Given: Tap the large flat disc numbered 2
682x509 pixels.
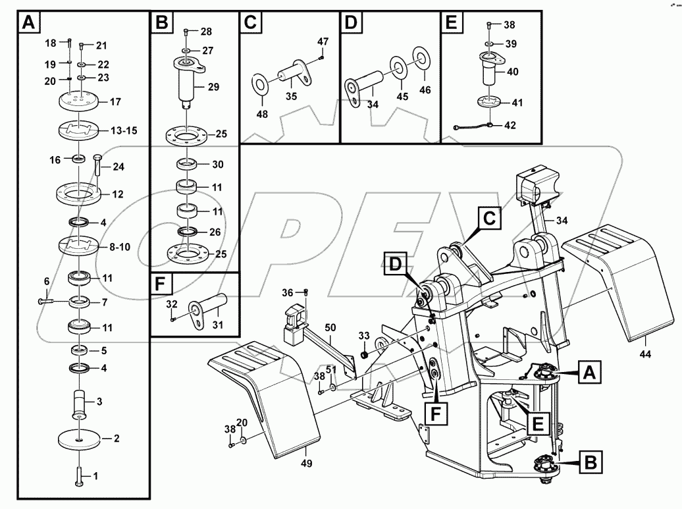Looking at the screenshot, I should pyautogui.click(x=78, y=440).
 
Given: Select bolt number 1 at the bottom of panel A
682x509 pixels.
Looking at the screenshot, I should pyautogui.click(x=78, y=475).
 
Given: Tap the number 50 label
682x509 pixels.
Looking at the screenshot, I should pyautogui.click(x=330, y=327).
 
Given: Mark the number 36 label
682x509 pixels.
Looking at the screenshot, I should pyautogui.click(x=288, y=292).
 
